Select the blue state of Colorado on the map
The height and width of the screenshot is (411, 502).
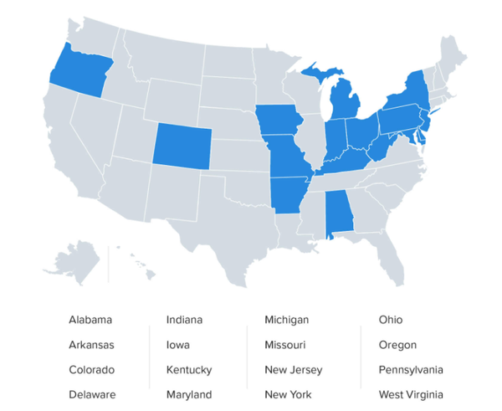[x=182, y=144]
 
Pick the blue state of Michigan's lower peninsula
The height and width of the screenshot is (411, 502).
[x=345, y=102]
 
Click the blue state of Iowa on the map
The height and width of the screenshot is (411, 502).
[x=278, y=123]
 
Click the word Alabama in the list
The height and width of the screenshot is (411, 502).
[x=90, y=320]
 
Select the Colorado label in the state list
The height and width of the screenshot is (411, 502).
[x=92, y=370]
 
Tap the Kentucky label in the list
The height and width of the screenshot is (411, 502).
[x=189, y=370]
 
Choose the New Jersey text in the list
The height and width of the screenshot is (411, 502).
[x=293, y=370]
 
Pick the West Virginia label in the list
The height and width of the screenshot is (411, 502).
[x=411, y=395]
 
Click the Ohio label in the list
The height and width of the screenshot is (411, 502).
[x=390, y=320]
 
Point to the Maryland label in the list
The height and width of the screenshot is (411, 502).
[x=189, y=395]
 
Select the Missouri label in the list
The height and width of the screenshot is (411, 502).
[x=284, y=345]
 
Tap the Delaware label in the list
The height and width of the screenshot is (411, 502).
[x=92, y=395]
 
